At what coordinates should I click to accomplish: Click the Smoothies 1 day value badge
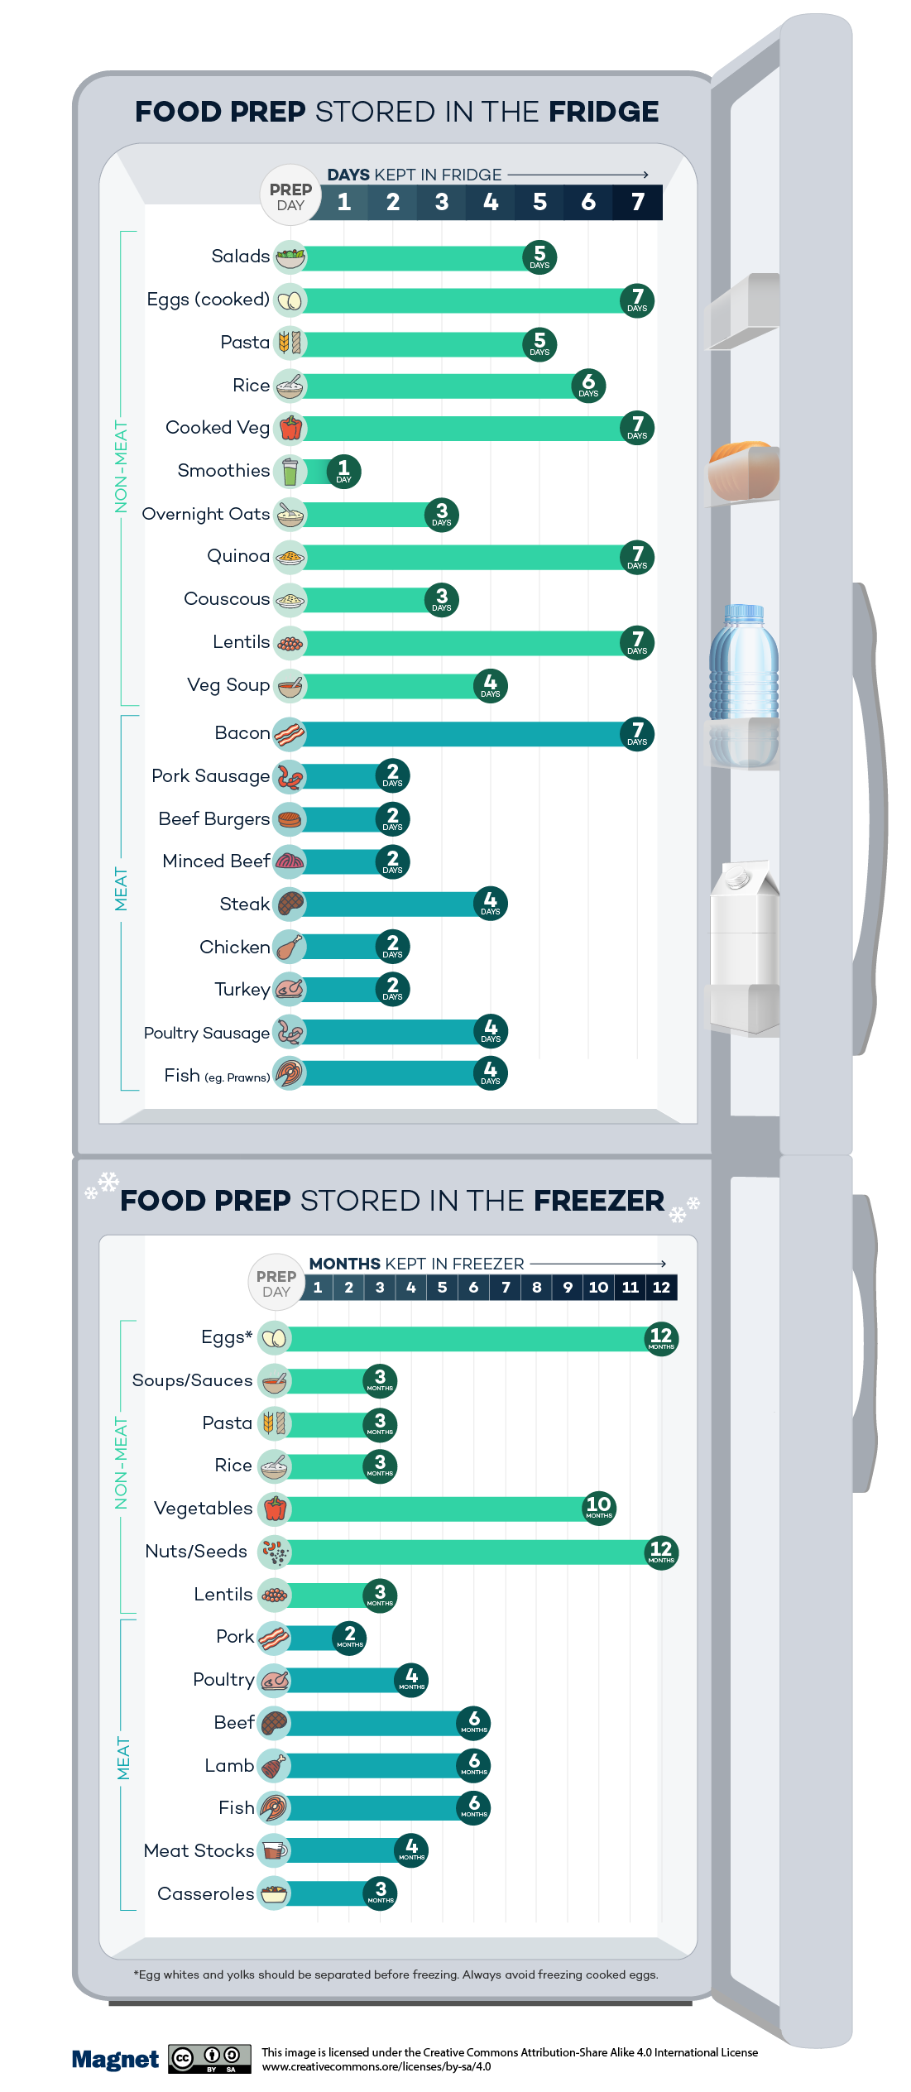[x=343, y=472]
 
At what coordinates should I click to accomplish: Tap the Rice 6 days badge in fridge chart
[x=588, y=386]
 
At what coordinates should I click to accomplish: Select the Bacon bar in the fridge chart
[x=463, y=733]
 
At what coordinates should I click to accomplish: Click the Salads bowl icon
[x=290, y=257]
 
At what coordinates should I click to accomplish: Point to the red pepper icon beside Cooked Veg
[x=290, y=428]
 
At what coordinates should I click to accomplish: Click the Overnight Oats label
[x=206, y=514]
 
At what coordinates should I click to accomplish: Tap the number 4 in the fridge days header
[x=491, y=202]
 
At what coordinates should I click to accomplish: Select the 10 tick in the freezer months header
[x=598, y=1287]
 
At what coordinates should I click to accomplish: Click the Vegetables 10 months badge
[x=599, y=1508]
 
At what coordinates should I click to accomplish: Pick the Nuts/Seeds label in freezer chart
[x=196, y=1551]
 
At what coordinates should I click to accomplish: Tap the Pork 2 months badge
[x=350, y=1637]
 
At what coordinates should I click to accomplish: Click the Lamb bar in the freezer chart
[x=372, y=1765]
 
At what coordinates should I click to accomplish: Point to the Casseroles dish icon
[x=274, y=1893]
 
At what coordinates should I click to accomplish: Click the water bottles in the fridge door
[x=744, y=670]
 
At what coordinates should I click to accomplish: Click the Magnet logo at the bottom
[x=115, y=2060]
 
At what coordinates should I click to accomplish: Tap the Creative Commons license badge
[x=209, y=2059]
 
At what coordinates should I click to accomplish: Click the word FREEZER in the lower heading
[x=598, y=1201]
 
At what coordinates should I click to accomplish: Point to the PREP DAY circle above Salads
[x=290, y=197]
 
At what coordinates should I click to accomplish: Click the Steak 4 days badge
[x=491, y=903]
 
